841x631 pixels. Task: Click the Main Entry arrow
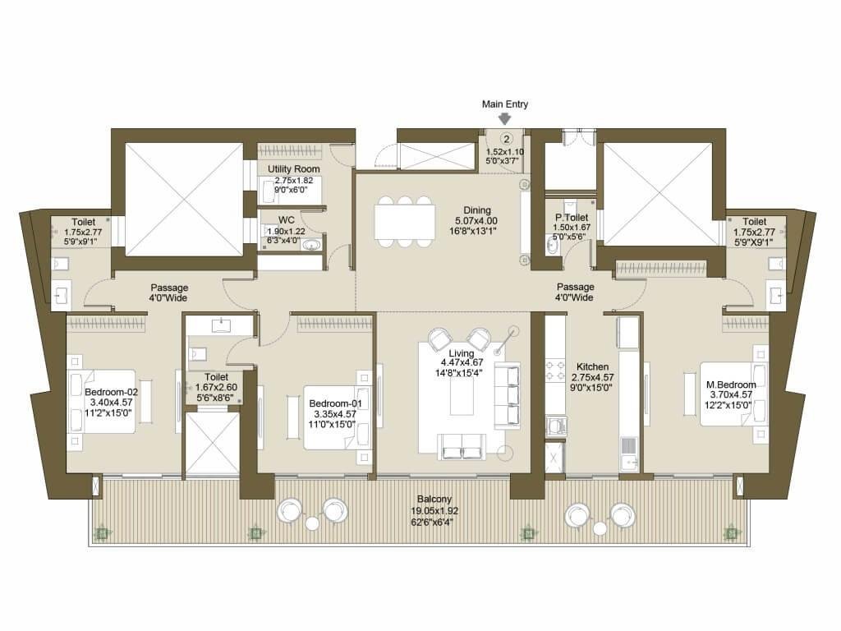[505, 118]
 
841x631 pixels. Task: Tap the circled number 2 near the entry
[506, 139]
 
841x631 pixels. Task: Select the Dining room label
[477, 210]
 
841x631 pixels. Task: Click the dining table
[405, 221]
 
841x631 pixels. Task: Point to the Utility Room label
[293, 169]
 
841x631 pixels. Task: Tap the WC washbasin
[311, 246]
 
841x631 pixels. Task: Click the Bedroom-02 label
[111, 392]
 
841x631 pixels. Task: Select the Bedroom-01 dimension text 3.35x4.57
[335, 414]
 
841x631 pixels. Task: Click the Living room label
[462, 353]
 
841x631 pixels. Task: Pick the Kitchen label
[593, 367]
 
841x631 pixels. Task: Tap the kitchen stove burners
[556, 370]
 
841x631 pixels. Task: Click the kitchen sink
[628, 454]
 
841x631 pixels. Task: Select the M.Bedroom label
[731, 385]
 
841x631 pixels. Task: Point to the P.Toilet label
[572, 217]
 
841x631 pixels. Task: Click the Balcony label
[434, 499]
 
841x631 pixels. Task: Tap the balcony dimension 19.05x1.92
[434, 511]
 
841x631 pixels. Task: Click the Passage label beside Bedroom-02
[169, 288]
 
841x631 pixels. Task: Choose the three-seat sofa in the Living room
[507, 395]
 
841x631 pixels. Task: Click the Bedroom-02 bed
[102, 401]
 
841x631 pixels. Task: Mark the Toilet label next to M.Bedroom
[754, 222]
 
